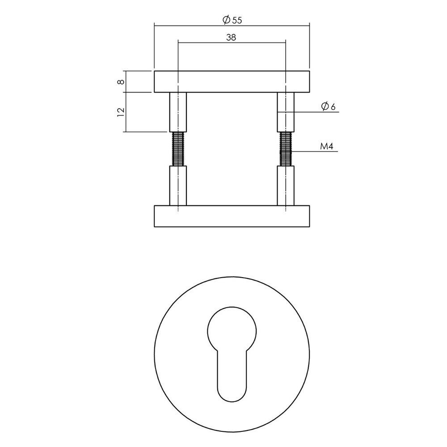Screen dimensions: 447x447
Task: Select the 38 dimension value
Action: (x=231, y=38)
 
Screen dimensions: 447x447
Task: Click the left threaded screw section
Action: (x=178, y=149)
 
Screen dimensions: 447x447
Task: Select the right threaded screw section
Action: (x=285, y=149)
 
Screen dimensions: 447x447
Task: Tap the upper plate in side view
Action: (x=232, y=81)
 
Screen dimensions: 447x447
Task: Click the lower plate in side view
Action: (x=232, y=217)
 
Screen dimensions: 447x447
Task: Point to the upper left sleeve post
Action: (x=178, y=112)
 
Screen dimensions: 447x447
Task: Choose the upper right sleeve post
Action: (x=285, y=112)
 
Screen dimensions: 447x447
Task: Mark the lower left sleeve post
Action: (x=178, y=186)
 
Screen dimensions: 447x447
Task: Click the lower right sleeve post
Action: (x=285, y=186)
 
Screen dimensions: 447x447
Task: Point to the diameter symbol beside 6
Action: (x=325, y=106)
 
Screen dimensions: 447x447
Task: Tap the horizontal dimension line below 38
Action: (x=232, y=43)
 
